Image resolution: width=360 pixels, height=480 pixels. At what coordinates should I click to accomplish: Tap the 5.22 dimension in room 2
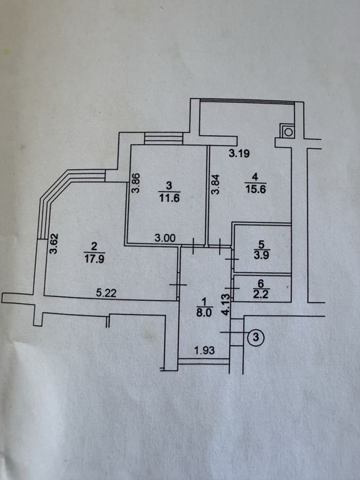point(106,293)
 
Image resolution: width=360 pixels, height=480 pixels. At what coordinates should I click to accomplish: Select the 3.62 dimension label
point(54,243)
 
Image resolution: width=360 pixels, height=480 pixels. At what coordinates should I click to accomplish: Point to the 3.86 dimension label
point(136,183)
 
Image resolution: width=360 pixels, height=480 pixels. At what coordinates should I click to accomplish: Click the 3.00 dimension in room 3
point(165,238)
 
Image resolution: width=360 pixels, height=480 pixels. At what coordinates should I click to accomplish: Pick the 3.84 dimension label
point(216,184)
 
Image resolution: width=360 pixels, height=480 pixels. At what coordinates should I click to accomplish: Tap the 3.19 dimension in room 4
point(239,153)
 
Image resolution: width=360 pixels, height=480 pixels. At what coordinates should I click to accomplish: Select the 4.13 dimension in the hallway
point(226,304)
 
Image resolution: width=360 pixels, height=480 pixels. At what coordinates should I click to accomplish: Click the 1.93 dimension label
point(205,350)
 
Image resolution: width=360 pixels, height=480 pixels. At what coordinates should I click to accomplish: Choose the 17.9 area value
point(95,259)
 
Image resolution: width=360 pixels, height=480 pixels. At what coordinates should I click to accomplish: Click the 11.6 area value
point(169,198)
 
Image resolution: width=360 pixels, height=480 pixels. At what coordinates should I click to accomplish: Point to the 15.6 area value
point(256,189)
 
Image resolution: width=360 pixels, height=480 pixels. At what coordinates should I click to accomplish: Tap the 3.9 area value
point(261,254)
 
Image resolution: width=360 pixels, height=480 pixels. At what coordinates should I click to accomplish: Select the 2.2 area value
point(261,295)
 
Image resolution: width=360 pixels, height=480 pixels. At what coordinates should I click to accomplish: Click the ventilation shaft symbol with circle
point(288,132)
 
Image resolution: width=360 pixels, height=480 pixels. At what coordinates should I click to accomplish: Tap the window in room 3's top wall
point(163,139)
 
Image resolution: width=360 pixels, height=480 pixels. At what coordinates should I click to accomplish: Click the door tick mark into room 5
point(232,259)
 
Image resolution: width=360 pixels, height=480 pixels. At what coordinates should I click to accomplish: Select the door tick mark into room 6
point(232,288)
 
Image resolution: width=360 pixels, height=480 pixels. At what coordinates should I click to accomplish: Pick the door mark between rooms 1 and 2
point(178,285)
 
